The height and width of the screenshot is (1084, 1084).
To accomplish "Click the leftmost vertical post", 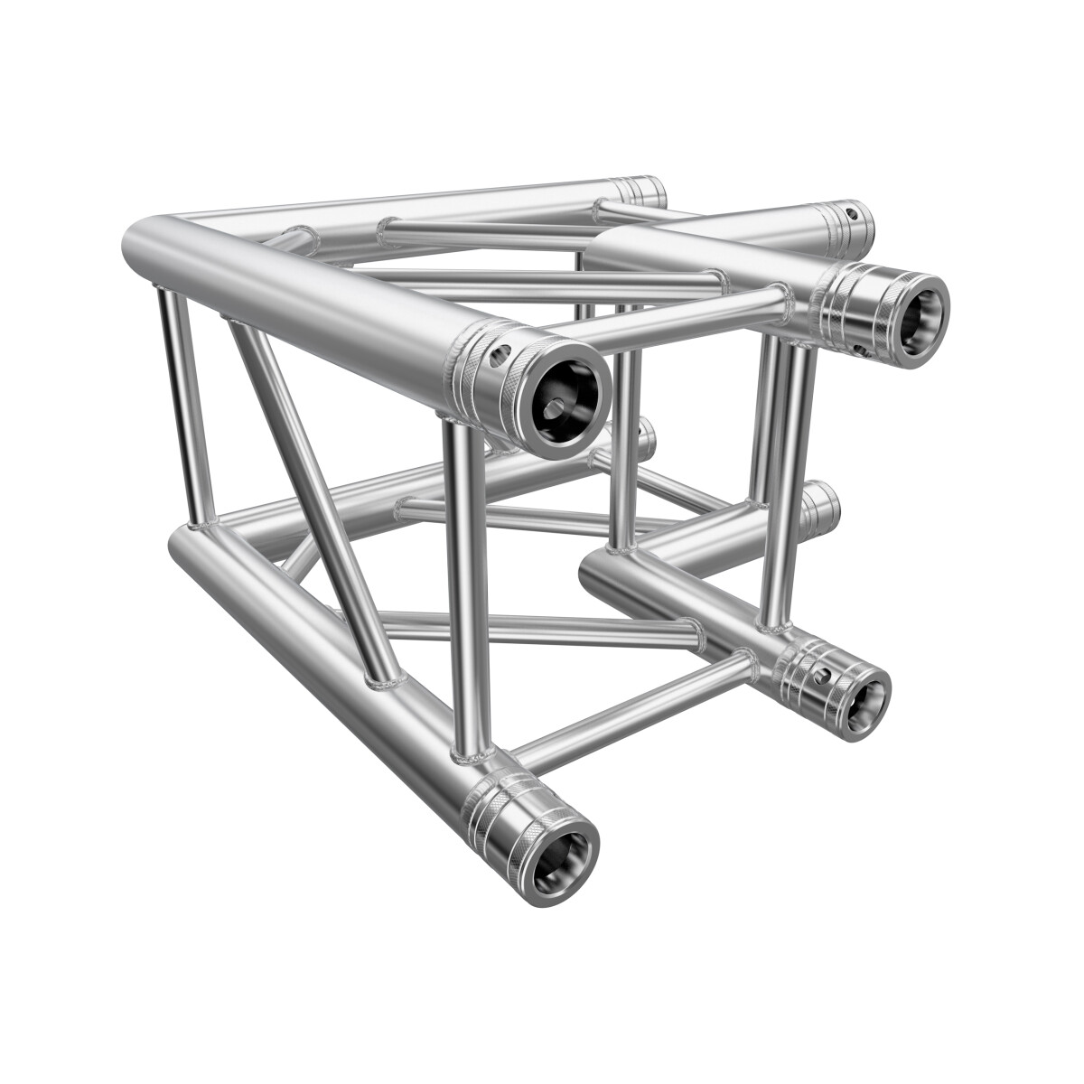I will coord(185,406).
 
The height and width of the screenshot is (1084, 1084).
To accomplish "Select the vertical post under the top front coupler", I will coord(467,587).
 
